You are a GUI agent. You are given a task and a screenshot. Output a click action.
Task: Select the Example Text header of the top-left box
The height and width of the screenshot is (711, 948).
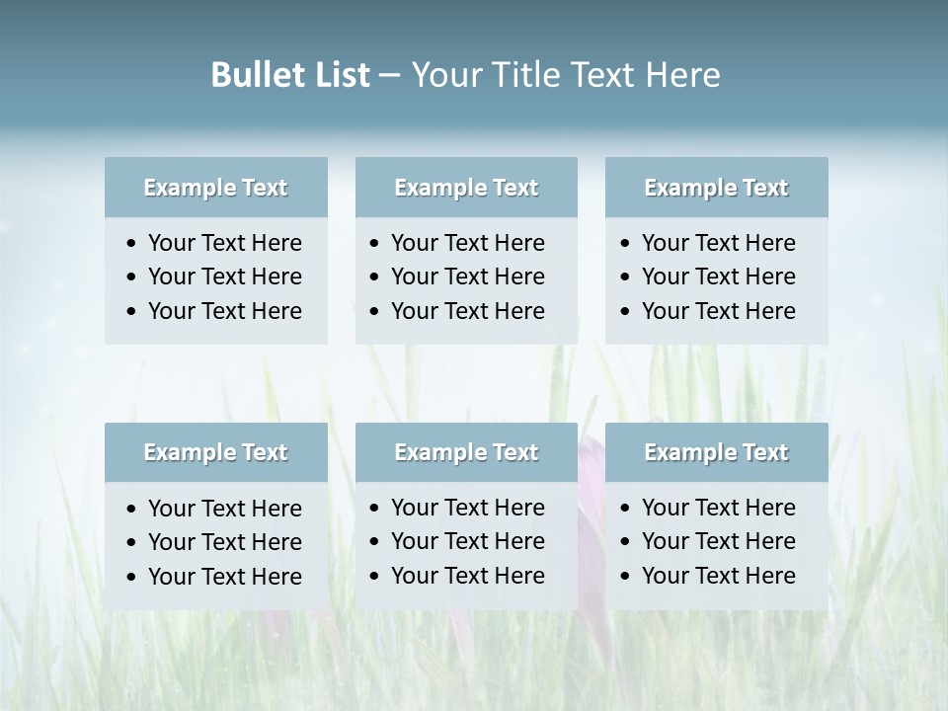tap(215, 188)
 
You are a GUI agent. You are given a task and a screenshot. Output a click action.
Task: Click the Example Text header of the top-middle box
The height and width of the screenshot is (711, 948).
tap(466, 188)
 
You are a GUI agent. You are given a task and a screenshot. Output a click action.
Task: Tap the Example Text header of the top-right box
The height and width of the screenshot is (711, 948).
tap(716, 188)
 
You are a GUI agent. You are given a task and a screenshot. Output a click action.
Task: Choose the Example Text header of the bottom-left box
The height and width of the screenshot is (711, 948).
tap(215, 452)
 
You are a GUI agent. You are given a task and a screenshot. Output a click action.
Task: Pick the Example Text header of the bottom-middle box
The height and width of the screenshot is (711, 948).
tap(466, 452)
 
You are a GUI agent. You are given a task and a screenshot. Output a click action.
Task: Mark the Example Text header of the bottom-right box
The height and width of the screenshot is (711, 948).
tap(716, 452)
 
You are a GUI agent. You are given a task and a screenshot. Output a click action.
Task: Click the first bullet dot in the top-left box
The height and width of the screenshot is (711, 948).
tap(132, 244)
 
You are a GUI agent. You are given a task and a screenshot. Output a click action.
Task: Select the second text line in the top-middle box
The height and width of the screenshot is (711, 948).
tap(467, 276)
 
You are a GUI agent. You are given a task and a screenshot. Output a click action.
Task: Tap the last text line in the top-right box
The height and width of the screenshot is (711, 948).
tap(718, 310)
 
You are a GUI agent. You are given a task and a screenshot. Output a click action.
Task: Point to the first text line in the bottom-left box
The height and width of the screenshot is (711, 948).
tap(225, 509)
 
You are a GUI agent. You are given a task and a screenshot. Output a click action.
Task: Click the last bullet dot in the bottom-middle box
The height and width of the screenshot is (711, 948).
tap(375, 577)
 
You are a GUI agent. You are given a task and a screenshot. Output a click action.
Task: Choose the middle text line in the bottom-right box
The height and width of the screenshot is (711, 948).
tap(718, 541)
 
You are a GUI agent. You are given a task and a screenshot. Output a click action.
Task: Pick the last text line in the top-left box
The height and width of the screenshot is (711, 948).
tap(225, 310)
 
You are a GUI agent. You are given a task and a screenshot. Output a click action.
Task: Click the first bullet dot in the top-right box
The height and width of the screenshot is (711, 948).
tap(626, 244)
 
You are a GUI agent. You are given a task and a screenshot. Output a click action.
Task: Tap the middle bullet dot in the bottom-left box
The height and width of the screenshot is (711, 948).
tap(132, 543)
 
